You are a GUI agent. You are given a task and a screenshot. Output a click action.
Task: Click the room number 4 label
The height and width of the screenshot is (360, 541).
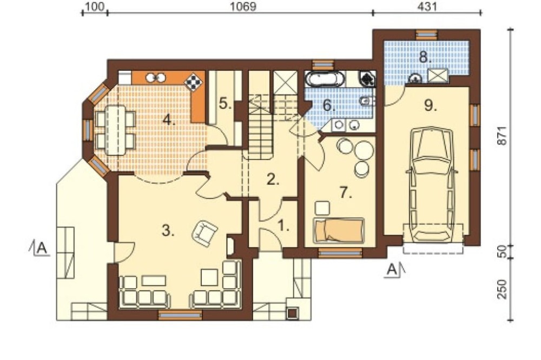click(169, 121)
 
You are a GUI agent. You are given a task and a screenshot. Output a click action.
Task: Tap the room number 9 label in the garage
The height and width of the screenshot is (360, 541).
click(430, 105)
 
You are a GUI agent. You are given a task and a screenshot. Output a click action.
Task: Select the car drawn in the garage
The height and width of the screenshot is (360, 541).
click(432, 185)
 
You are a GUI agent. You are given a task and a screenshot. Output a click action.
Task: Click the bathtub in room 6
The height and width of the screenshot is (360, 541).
click(324, 78)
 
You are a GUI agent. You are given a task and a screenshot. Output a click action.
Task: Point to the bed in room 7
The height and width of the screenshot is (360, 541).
click(339, 230)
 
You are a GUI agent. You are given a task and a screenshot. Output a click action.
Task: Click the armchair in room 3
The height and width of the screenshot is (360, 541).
click(204, 234)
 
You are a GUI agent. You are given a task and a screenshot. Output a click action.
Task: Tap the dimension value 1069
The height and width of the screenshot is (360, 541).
click(243, 6)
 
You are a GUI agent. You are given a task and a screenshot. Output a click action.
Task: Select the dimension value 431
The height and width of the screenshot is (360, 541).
click(427, 6)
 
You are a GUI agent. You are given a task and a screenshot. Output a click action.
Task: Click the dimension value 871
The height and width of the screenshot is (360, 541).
click(503, 136)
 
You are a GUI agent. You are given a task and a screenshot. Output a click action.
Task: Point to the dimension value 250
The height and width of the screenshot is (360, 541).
click(503, 289)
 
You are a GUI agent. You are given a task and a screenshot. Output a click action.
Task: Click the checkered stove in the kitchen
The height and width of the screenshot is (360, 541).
click(194, 82)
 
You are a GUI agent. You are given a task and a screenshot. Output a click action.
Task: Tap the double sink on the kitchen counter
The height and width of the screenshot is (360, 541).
click(155, 78)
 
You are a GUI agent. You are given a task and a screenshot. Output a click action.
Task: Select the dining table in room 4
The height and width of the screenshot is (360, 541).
click(116, 130)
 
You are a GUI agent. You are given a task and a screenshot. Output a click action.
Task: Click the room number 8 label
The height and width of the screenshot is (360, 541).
click(425, 57)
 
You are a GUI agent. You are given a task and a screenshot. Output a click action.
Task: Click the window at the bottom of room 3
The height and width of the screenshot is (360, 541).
click(180, 315)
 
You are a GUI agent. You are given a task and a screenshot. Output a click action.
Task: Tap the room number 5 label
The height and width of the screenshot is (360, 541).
click(225, 103)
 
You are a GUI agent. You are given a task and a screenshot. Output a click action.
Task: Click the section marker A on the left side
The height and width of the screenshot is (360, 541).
click(41, 248)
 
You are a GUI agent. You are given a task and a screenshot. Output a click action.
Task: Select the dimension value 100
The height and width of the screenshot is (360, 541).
click(94, 6)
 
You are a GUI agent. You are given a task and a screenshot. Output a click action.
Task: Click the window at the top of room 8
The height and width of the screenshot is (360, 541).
click(426, 35)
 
